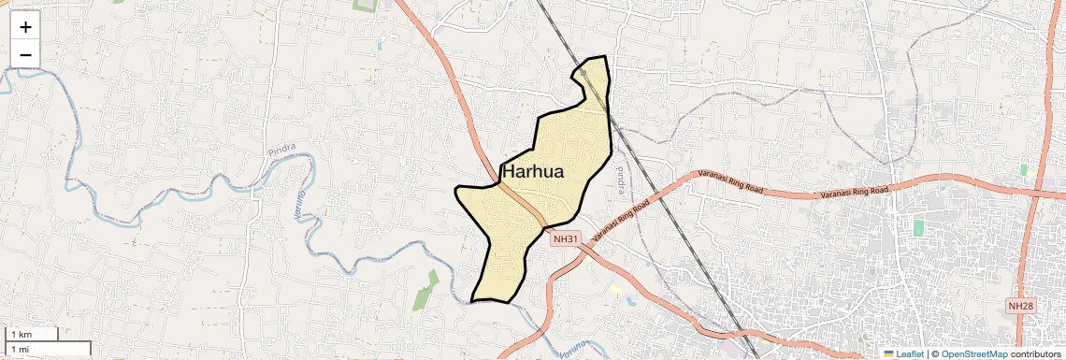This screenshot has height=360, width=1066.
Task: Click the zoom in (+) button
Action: (25, 26)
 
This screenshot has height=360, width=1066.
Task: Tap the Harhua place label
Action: (545, 171)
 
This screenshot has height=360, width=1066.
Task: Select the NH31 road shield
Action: (565, 238)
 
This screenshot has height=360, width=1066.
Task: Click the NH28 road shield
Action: (1020, 306)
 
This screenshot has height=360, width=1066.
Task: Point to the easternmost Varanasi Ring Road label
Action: (854, 192)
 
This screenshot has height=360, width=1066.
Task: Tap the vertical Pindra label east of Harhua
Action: (618, 180)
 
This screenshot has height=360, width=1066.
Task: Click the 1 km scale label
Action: (22, 334)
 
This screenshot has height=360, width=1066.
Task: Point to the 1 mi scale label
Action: (21, 349)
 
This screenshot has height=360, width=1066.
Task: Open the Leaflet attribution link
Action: (910, 353)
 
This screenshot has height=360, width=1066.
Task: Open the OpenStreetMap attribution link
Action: (974, 353)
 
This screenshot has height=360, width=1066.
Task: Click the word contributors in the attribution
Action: (1036, 353)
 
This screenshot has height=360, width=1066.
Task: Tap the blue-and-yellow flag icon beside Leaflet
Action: (889, 353)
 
